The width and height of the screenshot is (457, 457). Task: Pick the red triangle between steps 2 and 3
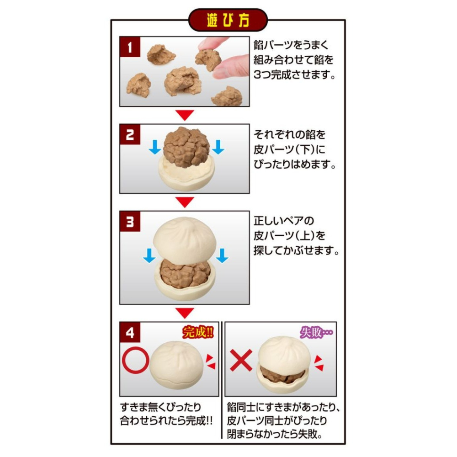coord(185,202)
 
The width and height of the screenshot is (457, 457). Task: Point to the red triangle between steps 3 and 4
coord(185,313)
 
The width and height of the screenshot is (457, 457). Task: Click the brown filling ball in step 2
coord(186,147)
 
